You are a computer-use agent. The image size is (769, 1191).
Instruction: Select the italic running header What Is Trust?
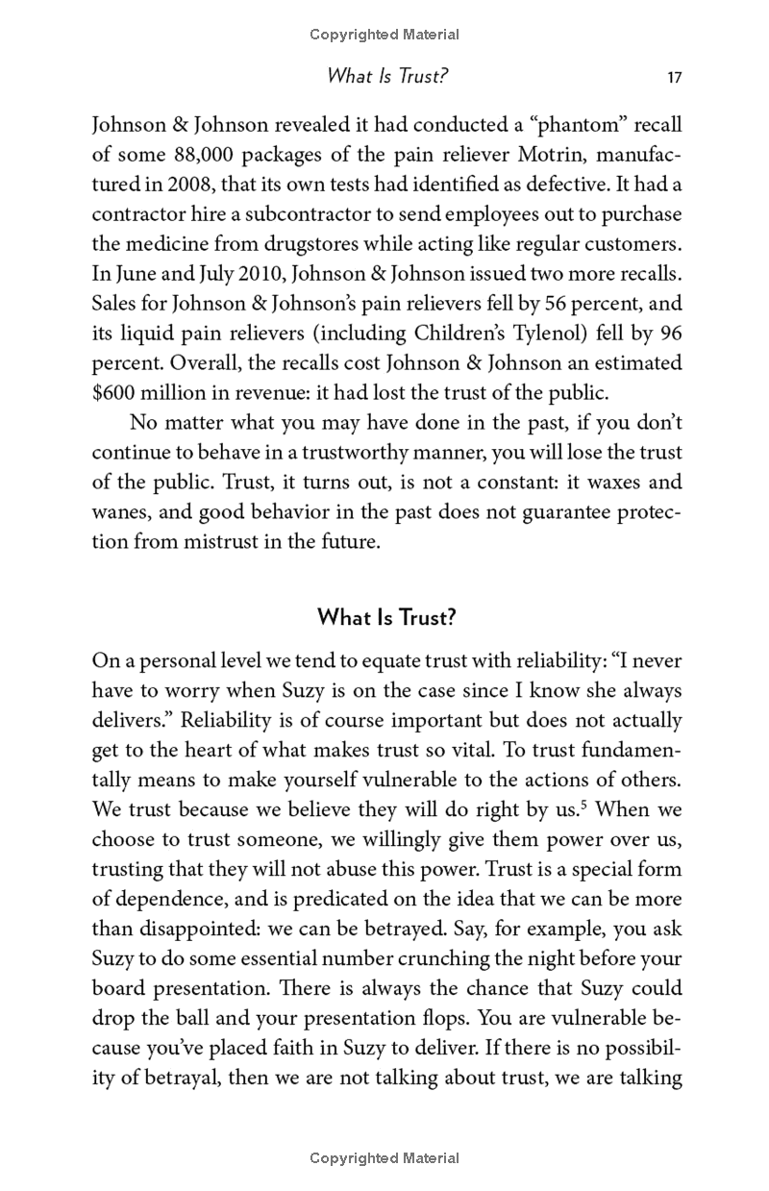click(x=387, y=76)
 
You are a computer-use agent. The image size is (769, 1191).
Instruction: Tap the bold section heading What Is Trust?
click(x=386, y=617)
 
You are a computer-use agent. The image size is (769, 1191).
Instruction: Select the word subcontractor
click(x=313, y=213)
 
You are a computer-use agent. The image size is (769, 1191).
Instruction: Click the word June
click(x=131, y=274)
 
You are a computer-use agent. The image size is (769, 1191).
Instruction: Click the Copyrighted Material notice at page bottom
click(x=384, y=1158)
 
